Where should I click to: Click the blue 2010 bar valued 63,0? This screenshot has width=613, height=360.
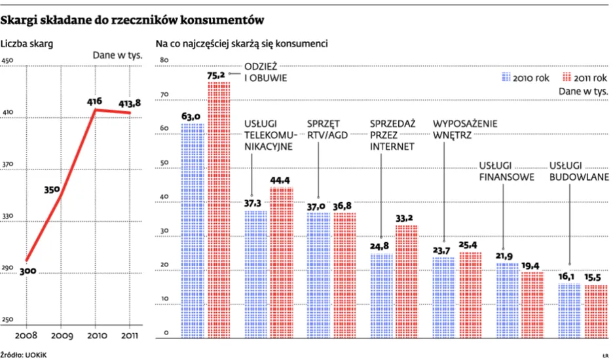pos(193,229)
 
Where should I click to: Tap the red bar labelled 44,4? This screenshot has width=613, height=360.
pos(282,262)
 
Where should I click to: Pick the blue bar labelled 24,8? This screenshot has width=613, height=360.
pos(382,295)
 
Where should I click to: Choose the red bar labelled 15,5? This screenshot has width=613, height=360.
pos(595,311)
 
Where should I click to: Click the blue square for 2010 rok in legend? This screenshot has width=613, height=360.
pos(506,77)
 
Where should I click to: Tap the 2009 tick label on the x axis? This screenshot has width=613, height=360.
pos(61,336)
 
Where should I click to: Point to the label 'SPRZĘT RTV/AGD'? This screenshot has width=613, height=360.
pos(327,129)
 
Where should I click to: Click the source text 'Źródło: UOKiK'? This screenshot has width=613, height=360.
pos(24,353)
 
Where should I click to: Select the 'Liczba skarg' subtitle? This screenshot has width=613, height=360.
pos(27,45)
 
